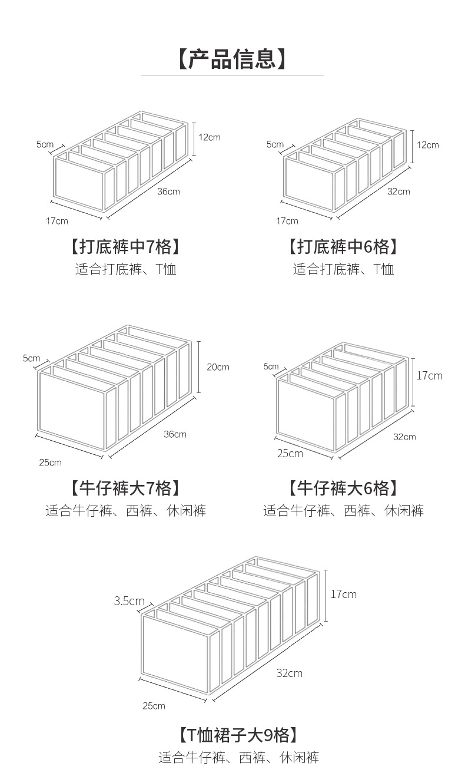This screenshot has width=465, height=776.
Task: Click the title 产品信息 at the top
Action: pyautogui.click(x=232, y=59)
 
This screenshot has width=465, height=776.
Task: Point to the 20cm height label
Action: pyautogui.click(x=218, y=367)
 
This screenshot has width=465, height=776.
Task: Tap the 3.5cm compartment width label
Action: pyautogui.click(x=129, y=601)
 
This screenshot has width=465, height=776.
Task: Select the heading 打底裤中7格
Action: pyautogui.click(x=125, y=246)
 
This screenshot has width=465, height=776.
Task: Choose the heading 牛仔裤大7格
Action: pyautogui.click(x=125, y=488)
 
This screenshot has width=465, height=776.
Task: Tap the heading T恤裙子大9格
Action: pyautogui.click(x=238, y=735)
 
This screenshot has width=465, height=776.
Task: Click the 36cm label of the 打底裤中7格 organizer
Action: pyautogui.click(x=168, y=191)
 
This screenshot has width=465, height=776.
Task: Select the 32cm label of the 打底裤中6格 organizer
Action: pyautogui.click(x=398, y=191)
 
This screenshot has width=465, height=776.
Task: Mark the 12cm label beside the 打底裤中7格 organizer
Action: pyautogui.click(x=209, y=137)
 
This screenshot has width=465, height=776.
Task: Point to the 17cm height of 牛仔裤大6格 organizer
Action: pyautogui.click(x=429, y=375)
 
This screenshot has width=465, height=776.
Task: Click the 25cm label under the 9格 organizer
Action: pyautogui.click(x=154, y=706)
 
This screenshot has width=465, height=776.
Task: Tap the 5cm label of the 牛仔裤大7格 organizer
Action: pyautogui.click(x=32, y=358)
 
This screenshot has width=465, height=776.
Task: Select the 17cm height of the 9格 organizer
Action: pyautogui.click(x=343, y=594)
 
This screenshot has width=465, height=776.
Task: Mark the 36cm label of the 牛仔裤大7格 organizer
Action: pyautogui.click(x=175, y=434)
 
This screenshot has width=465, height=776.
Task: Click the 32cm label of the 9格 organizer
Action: pyautogui.click(x=290, y=673)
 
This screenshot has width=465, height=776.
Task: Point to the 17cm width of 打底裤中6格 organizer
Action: pyautogui.click(x=287, y=221)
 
